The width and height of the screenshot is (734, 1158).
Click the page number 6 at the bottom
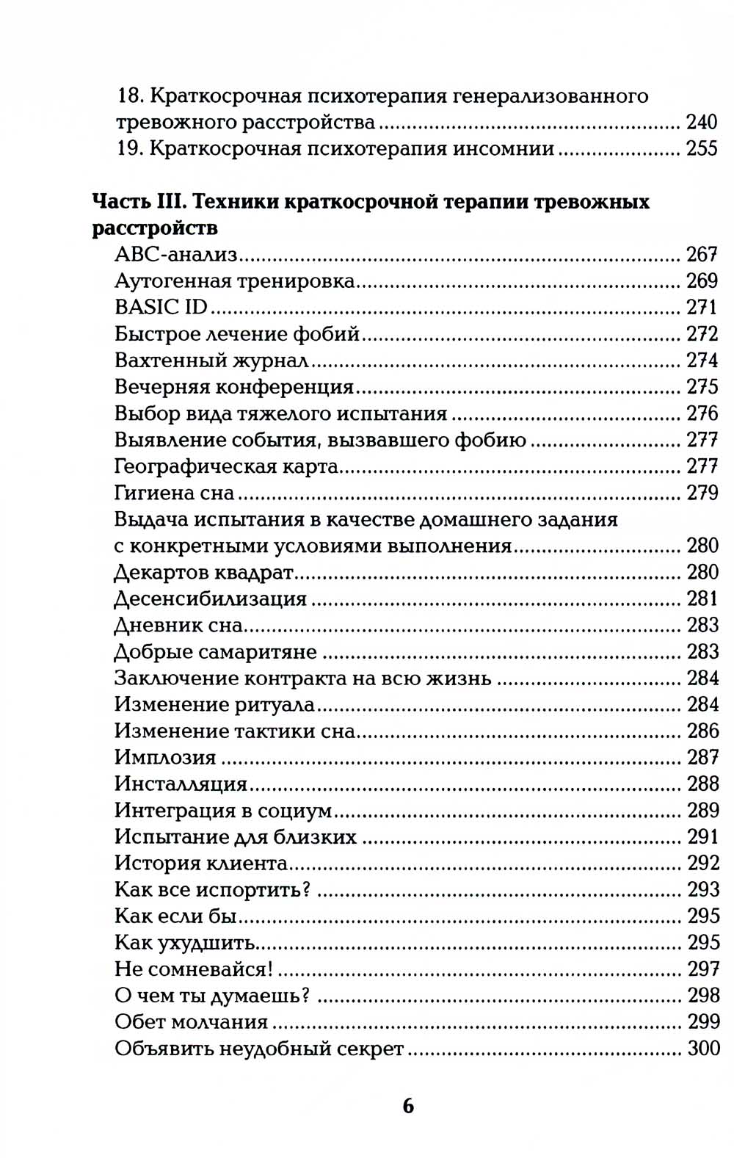408,1105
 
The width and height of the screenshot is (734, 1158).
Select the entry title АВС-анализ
176,255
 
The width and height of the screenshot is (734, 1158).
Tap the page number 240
701,122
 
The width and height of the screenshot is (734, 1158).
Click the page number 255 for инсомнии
701,148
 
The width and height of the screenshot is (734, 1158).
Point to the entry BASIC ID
161,307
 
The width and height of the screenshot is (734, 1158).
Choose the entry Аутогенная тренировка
235,281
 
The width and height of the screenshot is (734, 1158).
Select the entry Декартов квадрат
204,572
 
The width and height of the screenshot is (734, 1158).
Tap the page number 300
703,1048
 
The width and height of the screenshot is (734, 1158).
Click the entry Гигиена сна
174,493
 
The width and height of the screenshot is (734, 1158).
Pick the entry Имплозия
165,757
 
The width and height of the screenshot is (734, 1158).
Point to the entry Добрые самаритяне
216,651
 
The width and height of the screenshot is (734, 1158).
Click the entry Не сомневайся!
194,969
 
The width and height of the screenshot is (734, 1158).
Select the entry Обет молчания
191,1021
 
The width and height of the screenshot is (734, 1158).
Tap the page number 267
702,255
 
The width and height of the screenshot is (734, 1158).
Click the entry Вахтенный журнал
211,361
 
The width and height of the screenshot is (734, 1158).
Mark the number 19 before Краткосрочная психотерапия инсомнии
128,148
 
